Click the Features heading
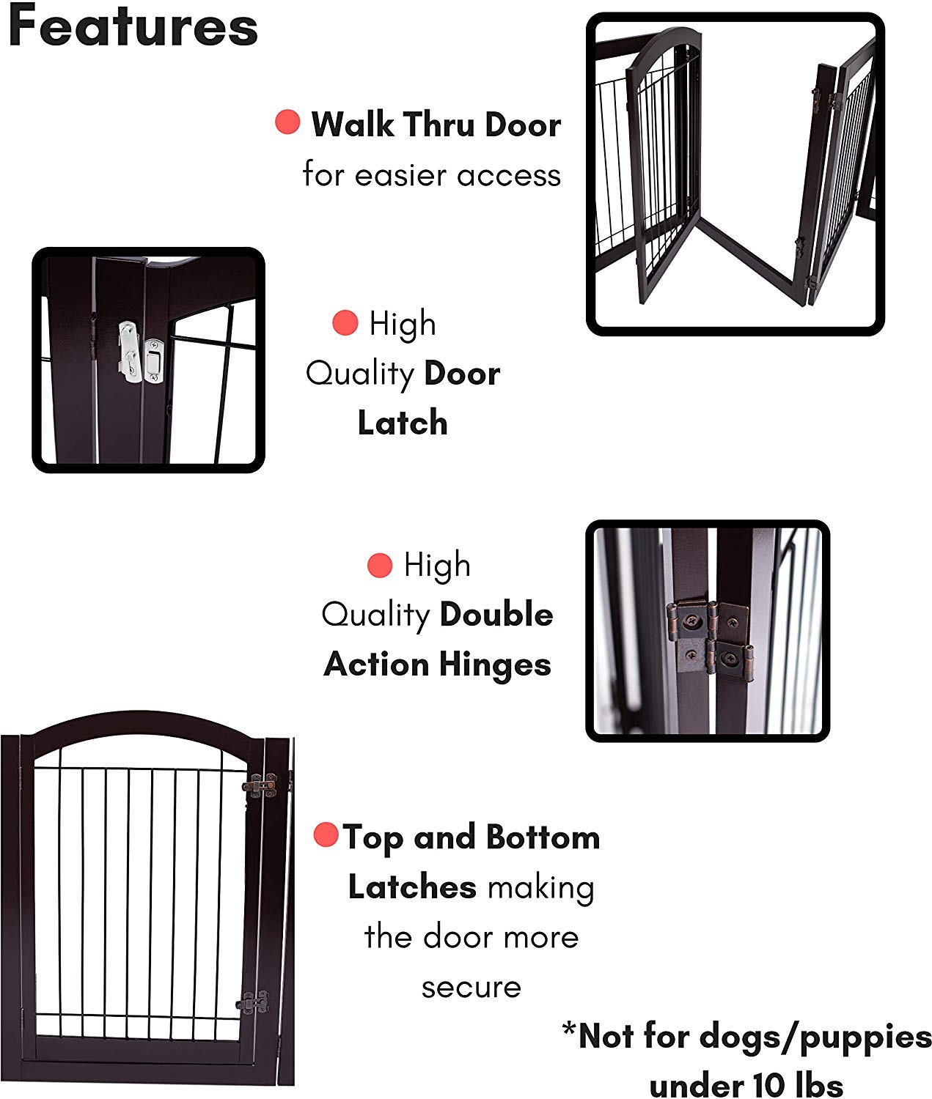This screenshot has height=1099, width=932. point(133,28)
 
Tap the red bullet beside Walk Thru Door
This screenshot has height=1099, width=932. point(287,122)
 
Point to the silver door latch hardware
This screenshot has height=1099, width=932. point(139,354)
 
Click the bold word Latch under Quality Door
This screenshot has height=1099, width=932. point(403,423)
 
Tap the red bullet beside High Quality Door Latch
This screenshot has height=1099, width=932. point(345,322)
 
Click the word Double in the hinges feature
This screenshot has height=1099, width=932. point(495,615)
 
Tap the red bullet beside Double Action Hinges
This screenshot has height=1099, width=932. point(379,565)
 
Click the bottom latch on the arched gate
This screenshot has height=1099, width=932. point(253,1002)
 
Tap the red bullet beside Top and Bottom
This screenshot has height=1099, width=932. point(326,835)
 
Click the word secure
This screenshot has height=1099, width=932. point(471,987)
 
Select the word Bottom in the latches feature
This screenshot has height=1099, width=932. point(543,837)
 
